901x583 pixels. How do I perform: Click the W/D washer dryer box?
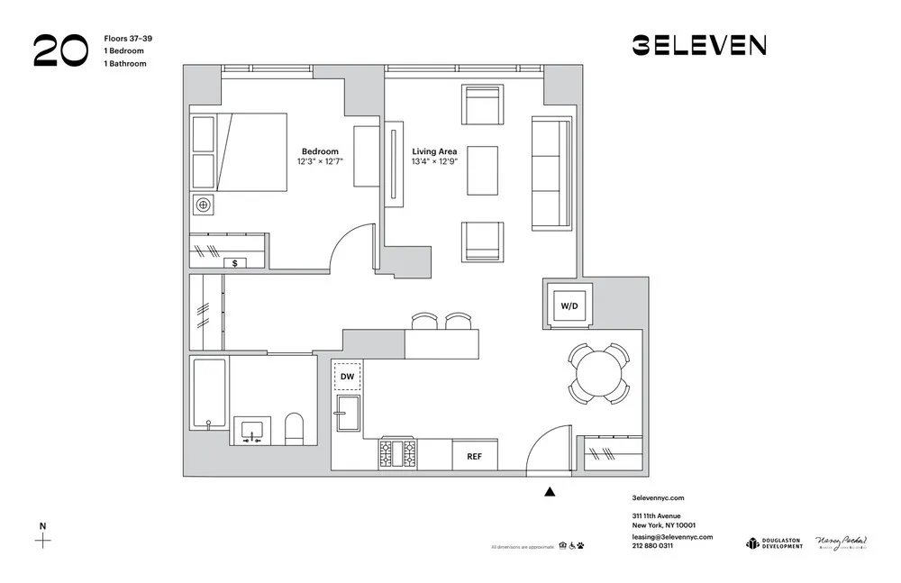569,305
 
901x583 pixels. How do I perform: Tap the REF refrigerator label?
474,456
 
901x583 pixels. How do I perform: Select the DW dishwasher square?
348,377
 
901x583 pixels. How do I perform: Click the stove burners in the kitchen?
397,454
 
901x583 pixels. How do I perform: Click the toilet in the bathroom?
295,428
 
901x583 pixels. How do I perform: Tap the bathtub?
209,393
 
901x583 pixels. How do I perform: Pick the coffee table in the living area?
482,170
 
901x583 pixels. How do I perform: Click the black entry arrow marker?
551,492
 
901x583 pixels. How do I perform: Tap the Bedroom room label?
320,151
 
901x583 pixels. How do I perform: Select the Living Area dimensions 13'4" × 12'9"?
434,162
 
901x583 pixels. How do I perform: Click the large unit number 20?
60,50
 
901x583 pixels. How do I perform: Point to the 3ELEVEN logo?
699,45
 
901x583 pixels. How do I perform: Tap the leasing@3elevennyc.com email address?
672,536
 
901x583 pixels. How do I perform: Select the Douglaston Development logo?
774,542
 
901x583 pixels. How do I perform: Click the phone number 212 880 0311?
652,546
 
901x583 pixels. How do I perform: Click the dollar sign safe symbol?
235,263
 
